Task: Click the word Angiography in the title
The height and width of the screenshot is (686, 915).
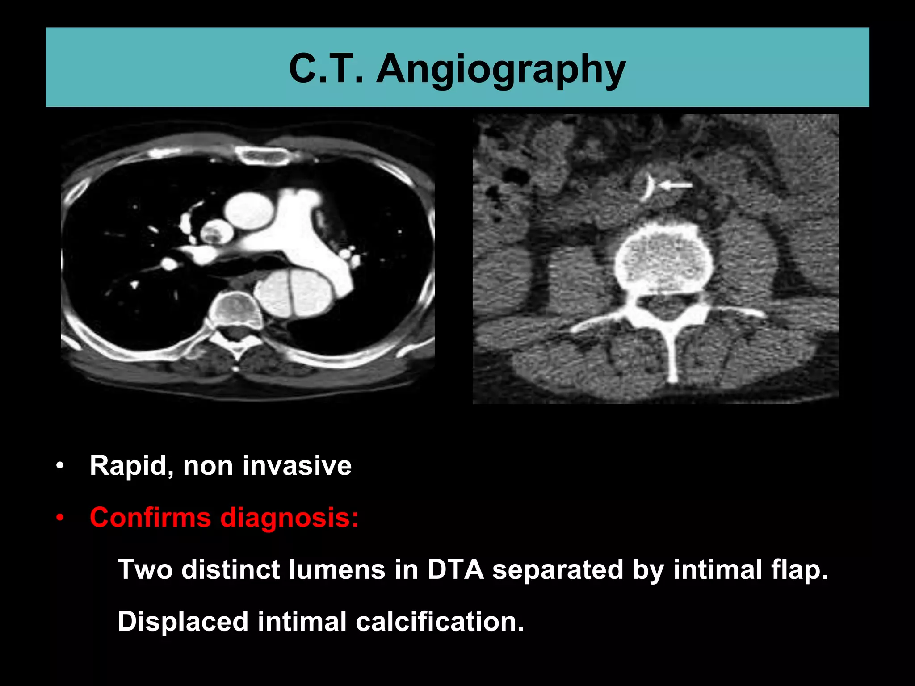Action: pyautogui.click(x=501, y=69)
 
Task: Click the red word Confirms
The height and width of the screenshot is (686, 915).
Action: pyautogui.click(x=150, y=518)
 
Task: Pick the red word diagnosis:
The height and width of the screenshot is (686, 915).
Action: pyautogui.click(x=290, y=518)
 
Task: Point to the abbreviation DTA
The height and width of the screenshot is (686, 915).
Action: pyautogui.click(x=455, y=570)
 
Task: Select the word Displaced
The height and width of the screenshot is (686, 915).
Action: pyautogui.click(x=183, y=622)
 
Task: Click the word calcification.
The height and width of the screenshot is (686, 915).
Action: pyautogui.click(x=440, y=622)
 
